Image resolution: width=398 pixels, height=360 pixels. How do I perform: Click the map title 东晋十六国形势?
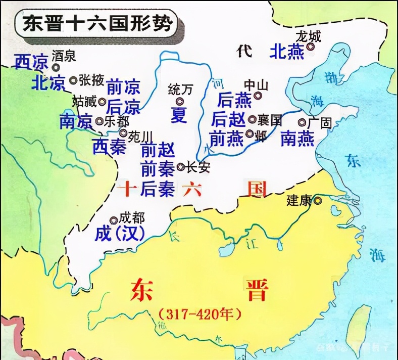point(96,24)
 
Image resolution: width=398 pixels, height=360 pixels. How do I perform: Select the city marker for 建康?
point(317,201)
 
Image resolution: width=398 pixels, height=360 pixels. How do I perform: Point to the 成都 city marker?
point(114,219)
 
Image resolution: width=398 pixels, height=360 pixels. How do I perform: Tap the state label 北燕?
point(286,51)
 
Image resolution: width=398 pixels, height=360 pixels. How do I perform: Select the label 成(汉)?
point(120,233)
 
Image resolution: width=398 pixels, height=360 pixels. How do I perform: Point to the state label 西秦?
point(109,146)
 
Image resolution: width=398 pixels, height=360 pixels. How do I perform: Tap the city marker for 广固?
point(302,122)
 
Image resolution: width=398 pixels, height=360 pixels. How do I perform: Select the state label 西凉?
point(30,61)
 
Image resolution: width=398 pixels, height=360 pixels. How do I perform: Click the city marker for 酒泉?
point(56,66)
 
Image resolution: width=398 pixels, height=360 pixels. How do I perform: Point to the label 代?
point(245,51)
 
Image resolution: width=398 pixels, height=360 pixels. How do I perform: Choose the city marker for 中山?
point(258,95)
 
